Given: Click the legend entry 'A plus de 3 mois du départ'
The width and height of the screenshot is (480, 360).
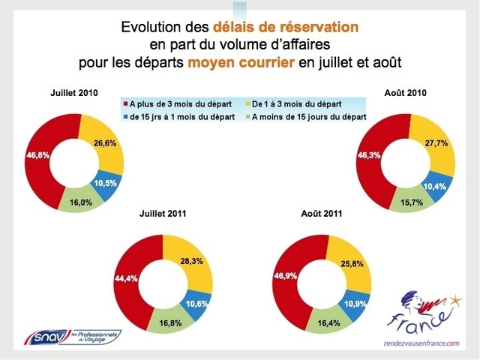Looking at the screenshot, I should [x=177, y=102].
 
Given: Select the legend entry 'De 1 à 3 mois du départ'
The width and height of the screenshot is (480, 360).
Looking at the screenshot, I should [x=308, y=102].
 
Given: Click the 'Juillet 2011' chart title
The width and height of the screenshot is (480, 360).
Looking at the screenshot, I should [x=163, y=214].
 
